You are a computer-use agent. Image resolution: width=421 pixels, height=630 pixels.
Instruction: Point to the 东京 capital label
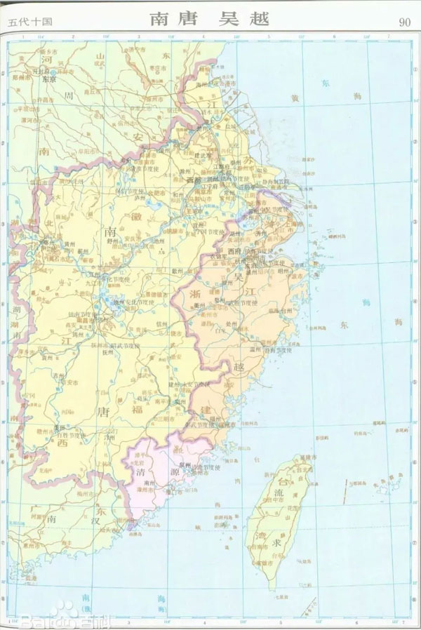[x=48, y=79]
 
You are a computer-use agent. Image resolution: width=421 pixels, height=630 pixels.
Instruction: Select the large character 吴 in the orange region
[x=246, y=279]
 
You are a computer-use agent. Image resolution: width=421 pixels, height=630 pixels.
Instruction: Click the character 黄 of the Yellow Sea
[x=295, y=99]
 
